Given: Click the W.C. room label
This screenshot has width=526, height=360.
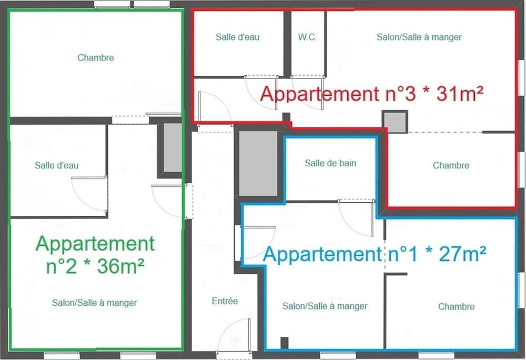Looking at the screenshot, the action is [307, 37].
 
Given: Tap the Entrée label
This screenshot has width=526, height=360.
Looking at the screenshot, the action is [225, 301].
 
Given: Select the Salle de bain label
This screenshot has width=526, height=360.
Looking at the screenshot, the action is [330, 163].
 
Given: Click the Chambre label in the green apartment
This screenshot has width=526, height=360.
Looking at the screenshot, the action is [96, 58].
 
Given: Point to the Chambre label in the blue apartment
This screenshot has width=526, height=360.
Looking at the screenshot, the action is [456, 306].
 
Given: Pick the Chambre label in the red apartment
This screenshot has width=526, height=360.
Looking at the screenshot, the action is [451, 165].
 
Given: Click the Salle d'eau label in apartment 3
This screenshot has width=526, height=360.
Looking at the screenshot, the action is [238, 37].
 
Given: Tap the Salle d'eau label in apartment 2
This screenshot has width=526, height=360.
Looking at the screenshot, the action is [57, 165].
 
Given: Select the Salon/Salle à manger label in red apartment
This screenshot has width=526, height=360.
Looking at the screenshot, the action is [419, 37].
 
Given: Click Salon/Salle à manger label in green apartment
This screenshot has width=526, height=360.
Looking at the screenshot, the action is [94, 303].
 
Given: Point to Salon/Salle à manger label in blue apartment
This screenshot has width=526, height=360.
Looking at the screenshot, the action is [325, 306].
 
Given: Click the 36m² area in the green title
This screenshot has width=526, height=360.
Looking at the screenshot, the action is [121, 266].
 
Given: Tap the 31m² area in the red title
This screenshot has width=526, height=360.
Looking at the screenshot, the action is [460, 93].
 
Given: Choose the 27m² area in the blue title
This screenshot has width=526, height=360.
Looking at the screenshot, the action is [462, 254].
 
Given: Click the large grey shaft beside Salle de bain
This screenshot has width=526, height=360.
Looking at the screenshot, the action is [258, 163].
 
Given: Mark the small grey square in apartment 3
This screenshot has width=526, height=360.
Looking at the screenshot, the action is [395, 122].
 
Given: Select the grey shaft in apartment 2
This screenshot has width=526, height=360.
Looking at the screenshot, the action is [173, 148].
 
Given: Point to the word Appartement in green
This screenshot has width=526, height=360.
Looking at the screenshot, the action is [95, 244].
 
